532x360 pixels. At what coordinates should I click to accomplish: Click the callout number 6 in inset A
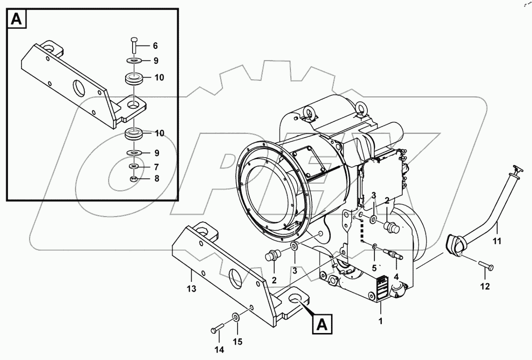(x=155, y=46)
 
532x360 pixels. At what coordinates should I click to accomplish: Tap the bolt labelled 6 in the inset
(x=133, y=45)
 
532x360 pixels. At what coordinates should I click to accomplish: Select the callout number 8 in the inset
(x=156, y=179)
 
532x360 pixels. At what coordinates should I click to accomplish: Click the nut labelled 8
(x=133, y=179)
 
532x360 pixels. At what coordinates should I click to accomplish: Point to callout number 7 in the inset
(x=156, y=167)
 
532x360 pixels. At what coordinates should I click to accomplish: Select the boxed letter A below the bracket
(x=322, y=325)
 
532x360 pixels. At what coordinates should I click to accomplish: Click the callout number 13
(x=191, y=289)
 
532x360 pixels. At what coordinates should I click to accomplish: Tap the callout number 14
(x=219, y=349)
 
